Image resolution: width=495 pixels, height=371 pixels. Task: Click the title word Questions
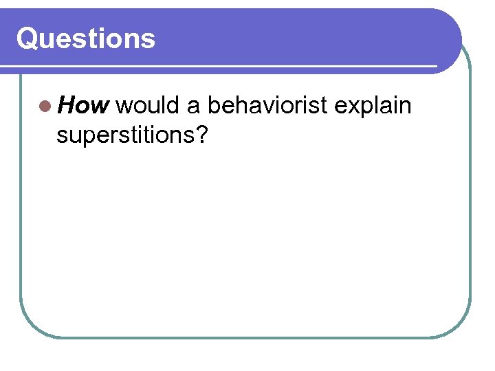pos(86,38)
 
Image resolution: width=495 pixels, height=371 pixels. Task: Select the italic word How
pos(83,106)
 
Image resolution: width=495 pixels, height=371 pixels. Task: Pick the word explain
pos(373,107)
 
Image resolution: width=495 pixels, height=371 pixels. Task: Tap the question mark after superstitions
pos(201,135)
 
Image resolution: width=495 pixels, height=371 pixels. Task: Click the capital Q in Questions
pos(27,38)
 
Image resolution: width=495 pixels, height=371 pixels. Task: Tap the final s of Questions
pos(149,41)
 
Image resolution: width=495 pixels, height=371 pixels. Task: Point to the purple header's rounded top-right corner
pos(450,21)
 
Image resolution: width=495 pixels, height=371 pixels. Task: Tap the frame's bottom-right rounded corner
pos(461,326)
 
